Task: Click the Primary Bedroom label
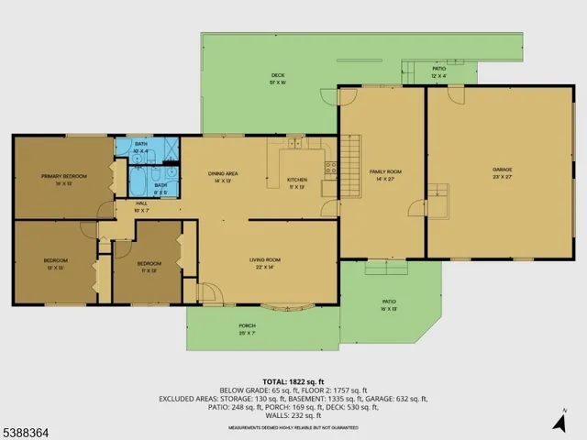coord(63,176)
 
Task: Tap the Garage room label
coord(502,170)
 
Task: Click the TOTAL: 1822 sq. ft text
coord(293,380)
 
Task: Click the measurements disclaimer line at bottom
coord(293,426)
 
